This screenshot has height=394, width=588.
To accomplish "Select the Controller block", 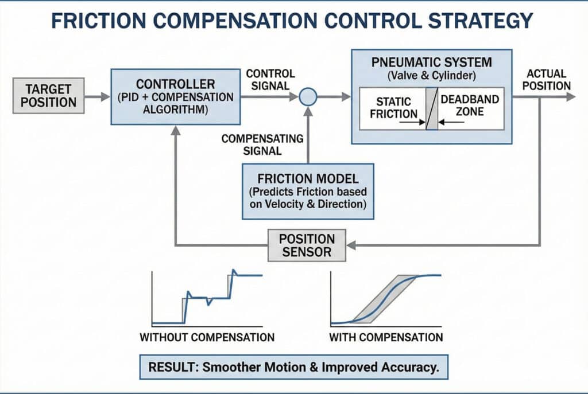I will click(176, 96).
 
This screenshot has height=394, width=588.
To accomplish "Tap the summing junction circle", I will click(308, 97).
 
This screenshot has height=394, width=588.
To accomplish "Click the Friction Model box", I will click(308, 190).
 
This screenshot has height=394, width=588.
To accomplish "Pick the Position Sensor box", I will click(307, 245).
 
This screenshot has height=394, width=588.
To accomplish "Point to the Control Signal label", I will click(270, 80).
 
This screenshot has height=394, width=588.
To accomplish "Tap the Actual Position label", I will click(546, 80).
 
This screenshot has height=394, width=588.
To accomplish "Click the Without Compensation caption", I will click(207, 337).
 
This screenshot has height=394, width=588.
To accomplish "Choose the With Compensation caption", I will click(386, 337).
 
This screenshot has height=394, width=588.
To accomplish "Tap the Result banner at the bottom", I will click(293, 368).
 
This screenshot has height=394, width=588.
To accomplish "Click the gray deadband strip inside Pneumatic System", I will click(432, 108).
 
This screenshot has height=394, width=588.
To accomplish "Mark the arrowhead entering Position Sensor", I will click(352, 245).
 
